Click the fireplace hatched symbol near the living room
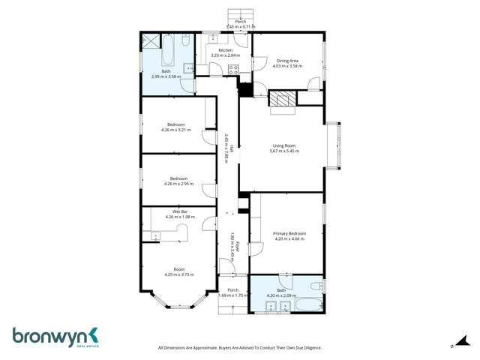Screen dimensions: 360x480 [283, 99]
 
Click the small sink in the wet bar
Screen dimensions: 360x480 [157, 237]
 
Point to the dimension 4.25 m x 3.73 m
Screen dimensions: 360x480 [179, 274]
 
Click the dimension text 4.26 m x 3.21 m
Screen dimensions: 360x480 [176, 130]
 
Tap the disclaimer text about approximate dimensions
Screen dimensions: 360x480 [238, 347]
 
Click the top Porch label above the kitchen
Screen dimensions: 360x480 [241, 22]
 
